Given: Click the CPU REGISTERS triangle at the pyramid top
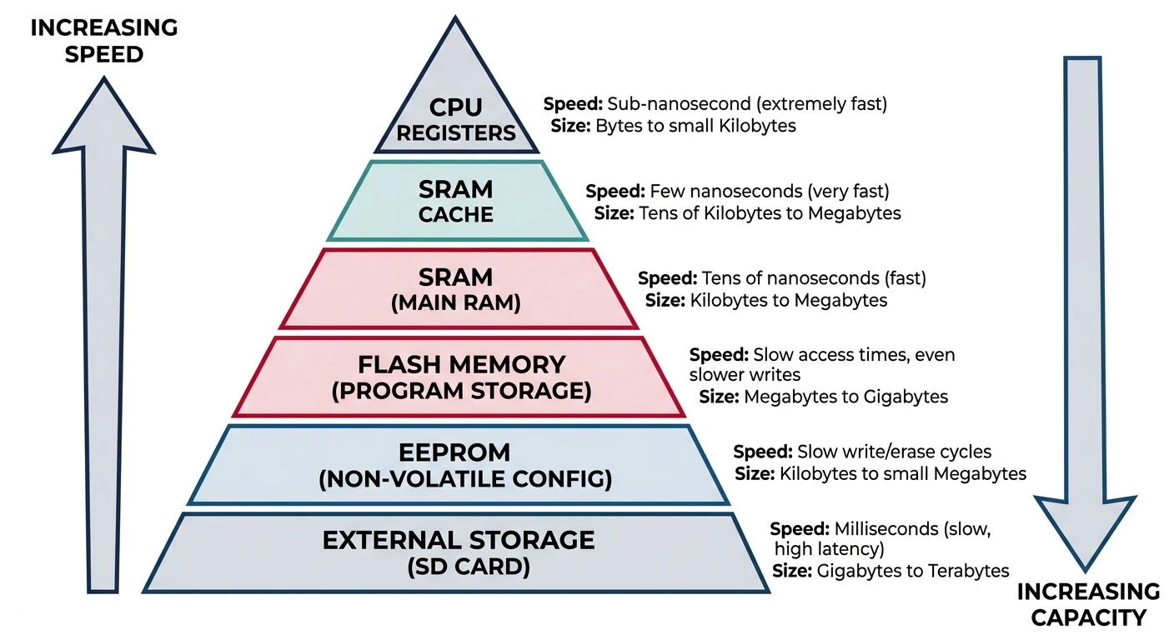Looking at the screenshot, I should tap(455, 108).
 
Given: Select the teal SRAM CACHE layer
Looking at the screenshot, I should tap(455, 202).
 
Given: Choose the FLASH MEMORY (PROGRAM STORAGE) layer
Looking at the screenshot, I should tap(460, 377).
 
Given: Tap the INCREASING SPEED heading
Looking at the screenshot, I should tap(103, 41).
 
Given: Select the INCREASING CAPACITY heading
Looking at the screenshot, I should tap(1088, 604).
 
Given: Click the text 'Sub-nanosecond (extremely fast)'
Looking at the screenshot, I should tap(747, 104).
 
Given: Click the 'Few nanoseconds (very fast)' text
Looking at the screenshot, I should tap(770, 191).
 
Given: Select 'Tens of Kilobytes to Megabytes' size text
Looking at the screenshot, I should tap(770, 213).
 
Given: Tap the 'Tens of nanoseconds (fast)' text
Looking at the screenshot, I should tap(814, 277).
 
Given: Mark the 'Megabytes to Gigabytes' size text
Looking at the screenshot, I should tap(845, 397).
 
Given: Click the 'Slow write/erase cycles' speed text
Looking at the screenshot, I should tap(894, 452).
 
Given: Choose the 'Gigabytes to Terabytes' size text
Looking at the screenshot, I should tap(913, 571).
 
